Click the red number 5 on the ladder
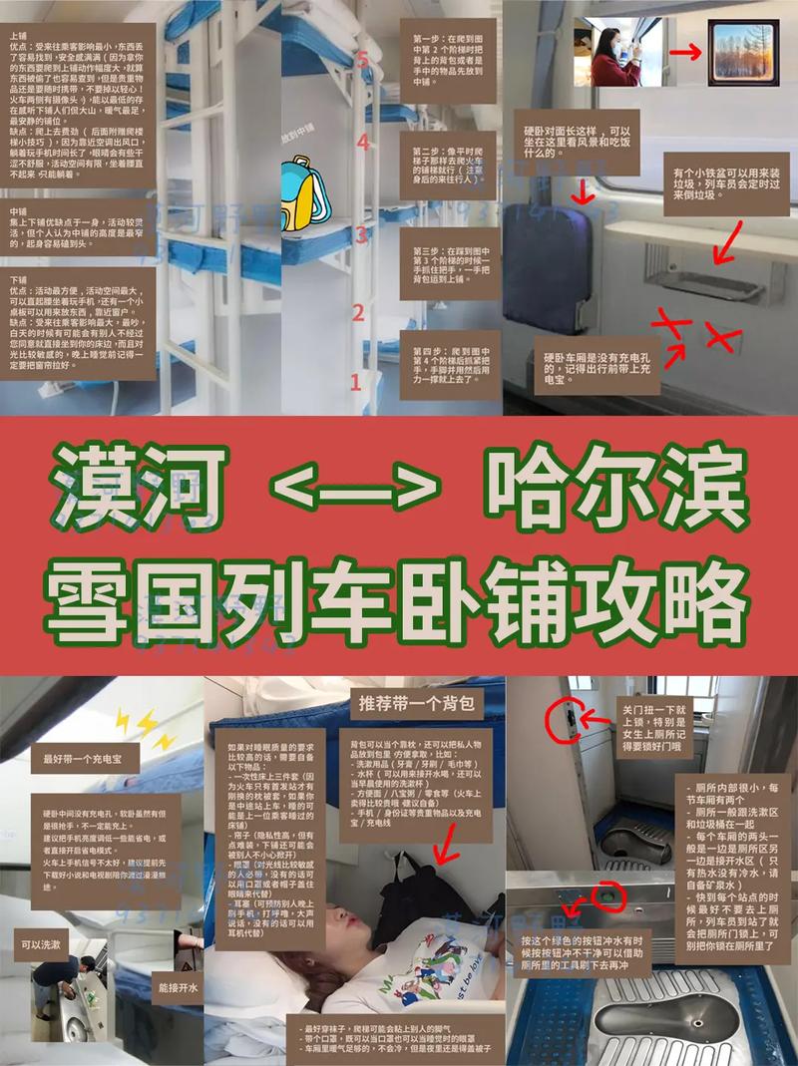click(x=363, y=60)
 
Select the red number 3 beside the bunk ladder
click(x=362, y=235)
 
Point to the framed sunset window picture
click(x=742, y=52)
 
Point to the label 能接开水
click(x=178, y=987)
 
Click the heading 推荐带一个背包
click(x=416, y=703)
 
